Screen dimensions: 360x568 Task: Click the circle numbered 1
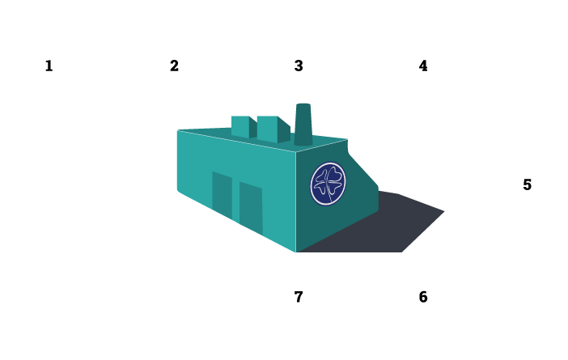tap(49, 66)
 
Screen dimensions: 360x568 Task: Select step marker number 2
tap(173, 66)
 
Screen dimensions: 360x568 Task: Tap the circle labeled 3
tap(298, 66)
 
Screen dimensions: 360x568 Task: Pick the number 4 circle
tap(422, 66)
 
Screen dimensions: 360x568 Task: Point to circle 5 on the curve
tap(527, 184)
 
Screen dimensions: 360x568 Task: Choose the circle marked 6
tap(422, 297)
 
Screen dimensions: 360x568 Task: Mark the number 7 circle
tap(298, 297)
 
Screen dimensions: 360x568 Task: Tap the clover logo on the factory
tap(328, 184)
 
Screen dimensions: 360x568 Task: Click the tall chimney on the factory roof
tap(303, 124)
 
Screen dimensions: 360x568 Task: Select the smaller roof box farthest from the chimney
tap(240, 126)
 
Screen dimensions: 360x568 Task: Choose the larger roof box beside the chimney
tap(271, 128)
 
